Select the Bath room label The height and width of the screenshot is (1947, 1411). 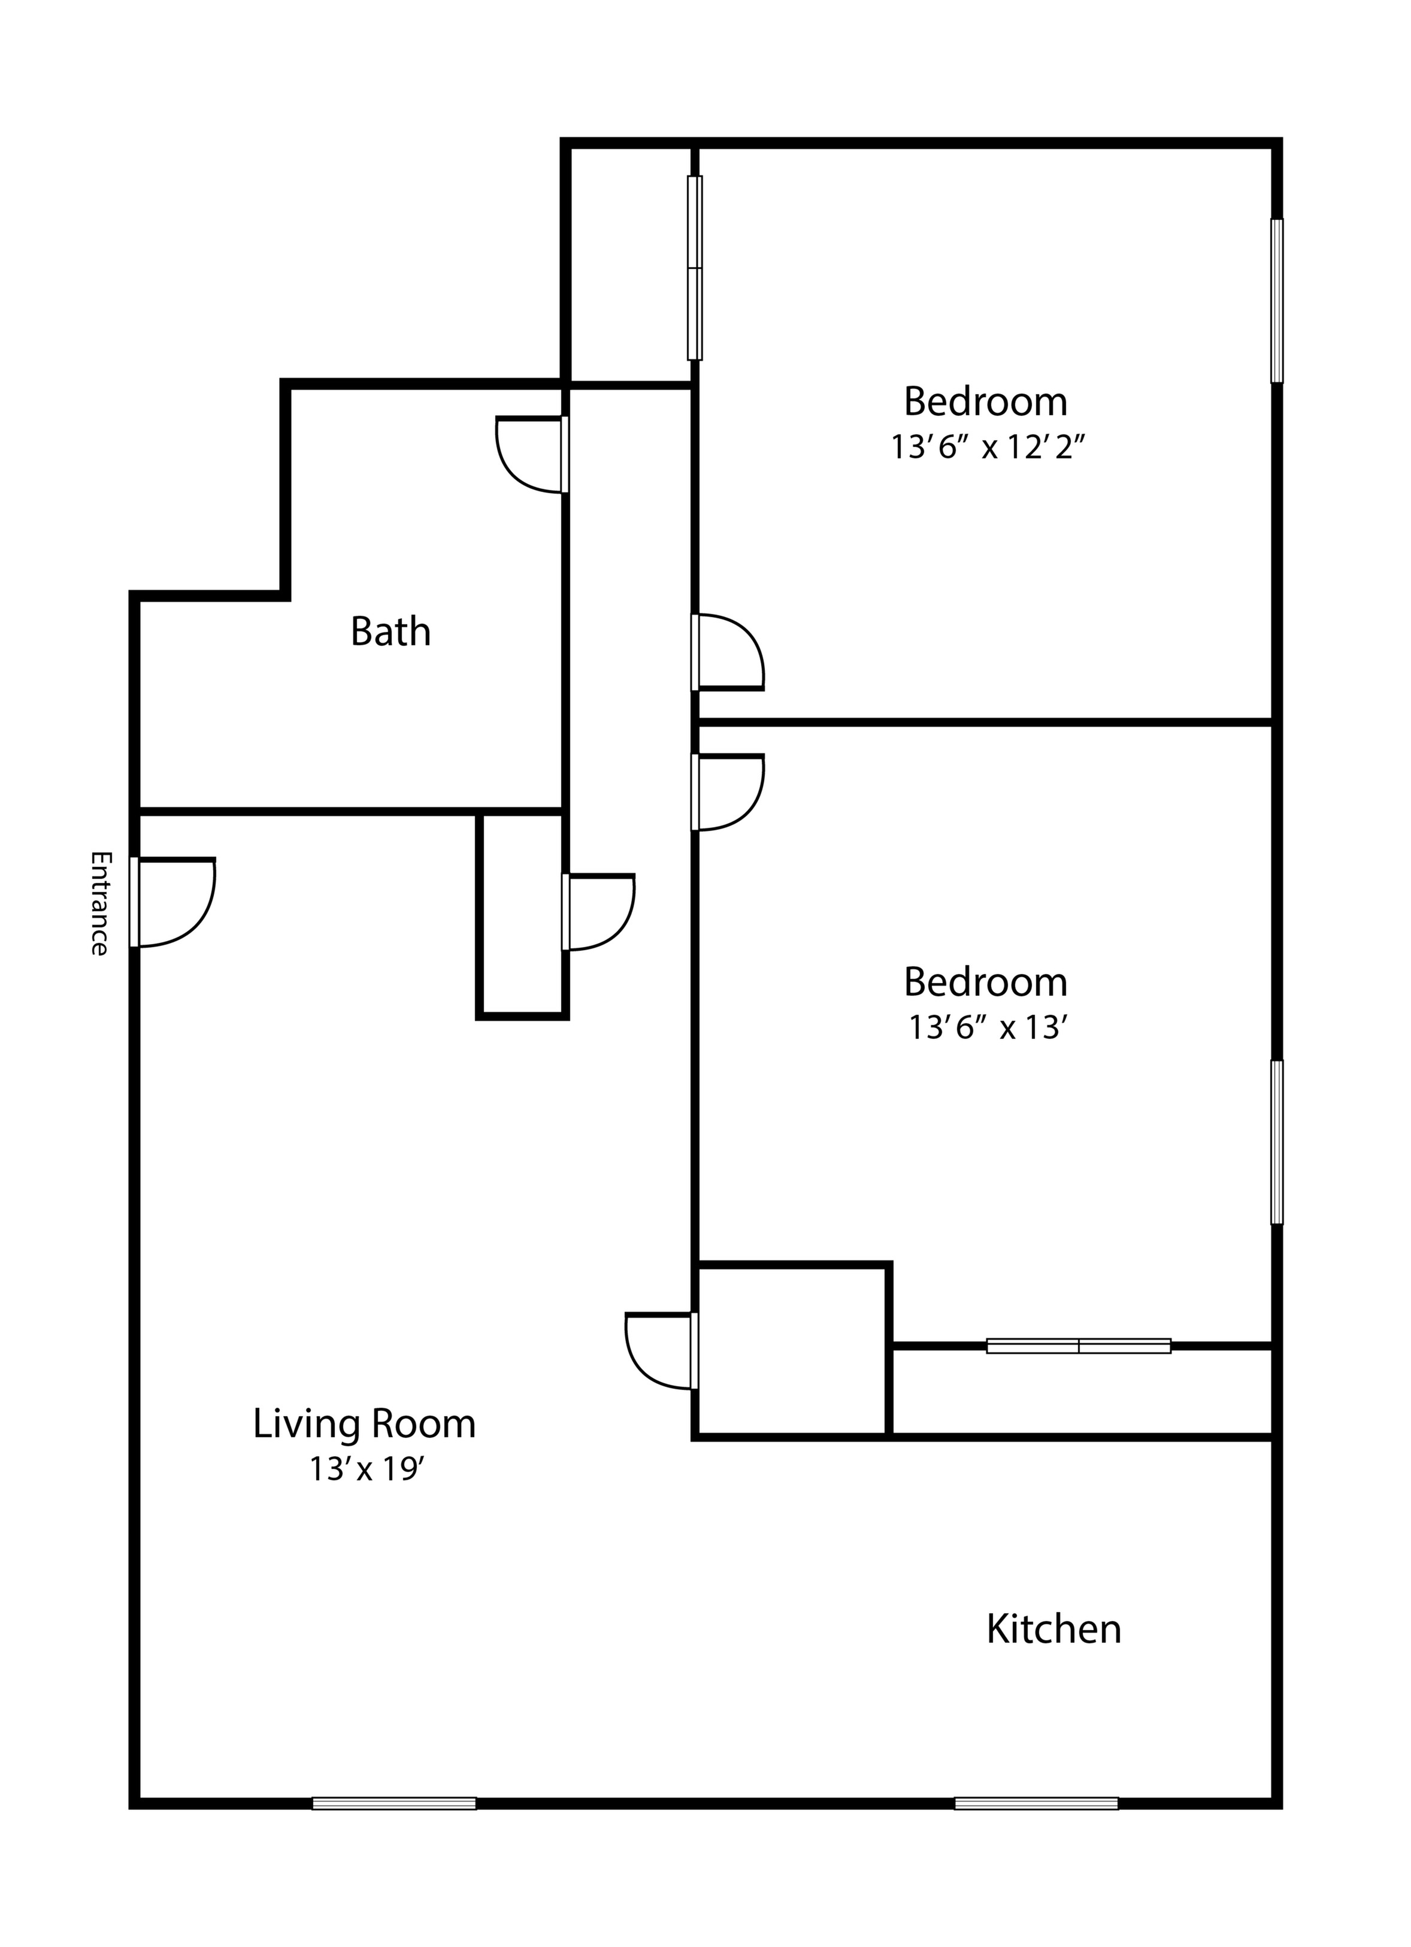390,632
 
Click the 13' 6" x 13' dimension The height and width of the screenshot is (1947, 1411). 987,1027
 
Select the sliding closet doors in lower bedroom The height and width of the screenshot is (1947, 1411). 1078,1346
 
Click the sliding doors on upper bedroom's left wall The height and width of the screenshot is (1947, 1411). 694,268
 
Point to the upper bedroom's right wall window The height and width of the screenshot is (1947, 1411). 1276,301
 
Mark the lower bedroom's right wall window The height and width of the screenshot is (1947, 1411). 1276,1142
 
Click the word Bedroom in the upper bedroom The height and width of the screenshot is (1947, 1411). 985,402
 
